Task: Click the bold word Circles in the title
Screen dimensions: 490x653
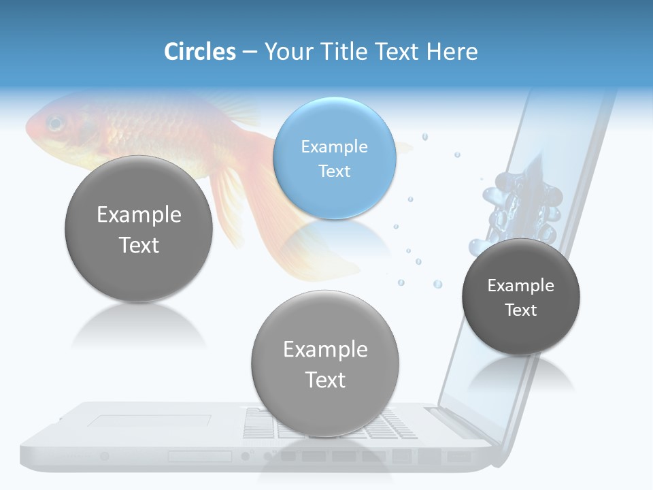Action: click(200, 52)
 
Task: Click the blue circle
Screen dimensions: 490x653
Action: click(334, 158)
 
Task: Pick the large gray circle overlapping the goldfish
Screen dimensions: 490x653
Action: click(139, 229)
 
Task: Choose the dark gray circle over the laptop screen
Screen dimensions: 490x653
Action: click(521, 297)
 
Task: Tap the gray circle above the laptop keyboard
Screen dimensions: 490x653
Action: click(325, 363)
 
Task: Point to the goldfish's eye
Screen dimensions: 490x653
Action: click(54, 124)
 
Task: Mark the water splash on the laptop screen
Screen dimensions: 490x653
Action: click(520, 204)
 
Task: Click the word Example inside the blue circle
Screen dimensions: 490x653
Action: click(334, 146)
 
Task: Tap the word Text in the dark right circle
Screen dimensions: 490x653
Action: click(521, 310)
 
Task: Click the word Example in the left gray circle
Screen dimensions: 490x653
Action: click(139, 215)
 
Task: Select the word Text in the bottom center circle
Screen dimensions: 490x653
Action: click(325, 380)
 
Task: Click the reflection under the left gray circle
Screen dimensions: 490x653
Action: click(139, 327)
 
